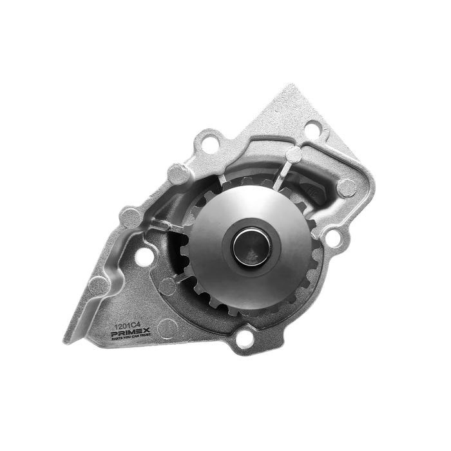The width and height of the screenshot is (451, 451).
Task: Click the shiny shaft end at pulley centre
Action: [247, 245]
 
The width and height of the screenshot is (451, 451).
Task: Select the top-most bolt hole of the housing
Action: [312, 128]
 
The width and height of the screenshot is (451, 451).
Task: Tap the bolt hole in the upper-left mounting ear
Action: [209, 145]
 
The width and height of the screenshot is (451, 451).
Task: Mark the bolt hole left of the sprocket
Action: [146, 256]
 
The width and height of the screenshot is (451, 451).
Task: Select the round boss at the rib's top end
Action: [293, 155]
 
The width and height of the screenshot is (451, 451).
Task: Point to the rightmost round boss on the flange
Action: [347, 187]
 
